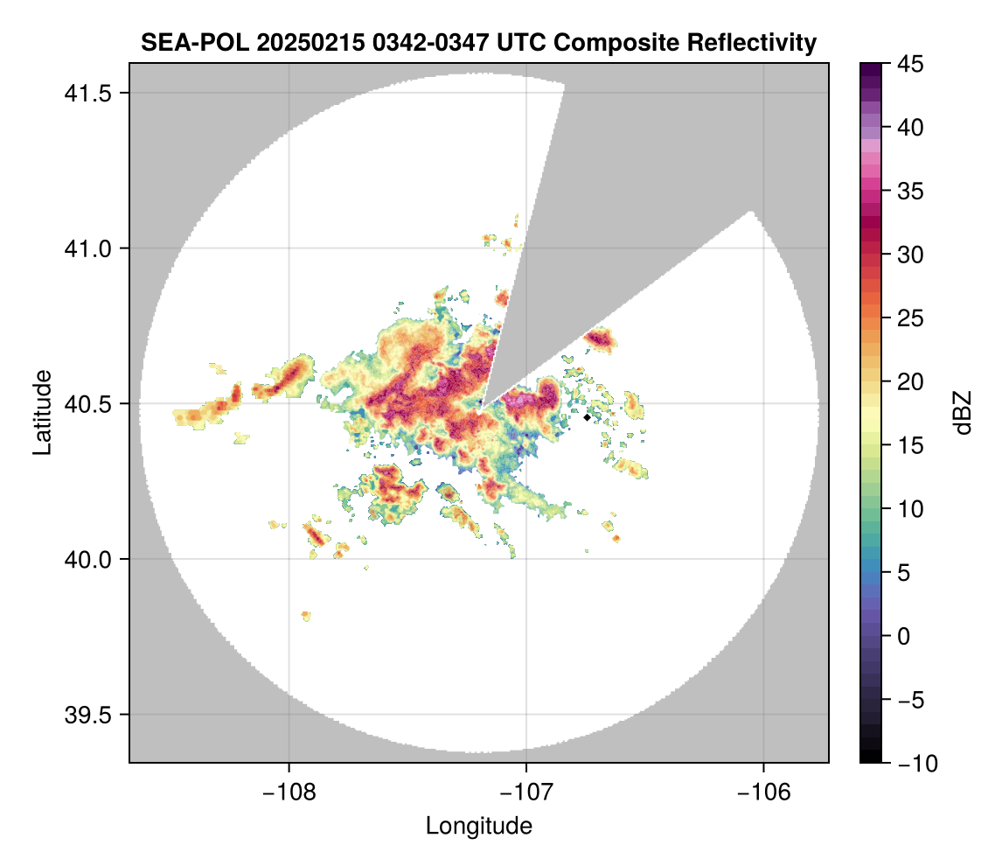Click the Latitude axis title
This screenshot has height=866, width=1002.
[41, 412]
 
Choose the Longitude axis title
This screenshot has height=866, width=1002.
[478, 826]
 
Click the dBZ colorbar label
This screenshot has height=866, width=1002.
[963, 412]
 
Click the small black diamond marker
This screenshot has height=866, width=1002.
[587, 417]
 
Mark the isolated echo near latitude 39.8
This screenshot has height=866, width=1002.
[306, 616]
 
